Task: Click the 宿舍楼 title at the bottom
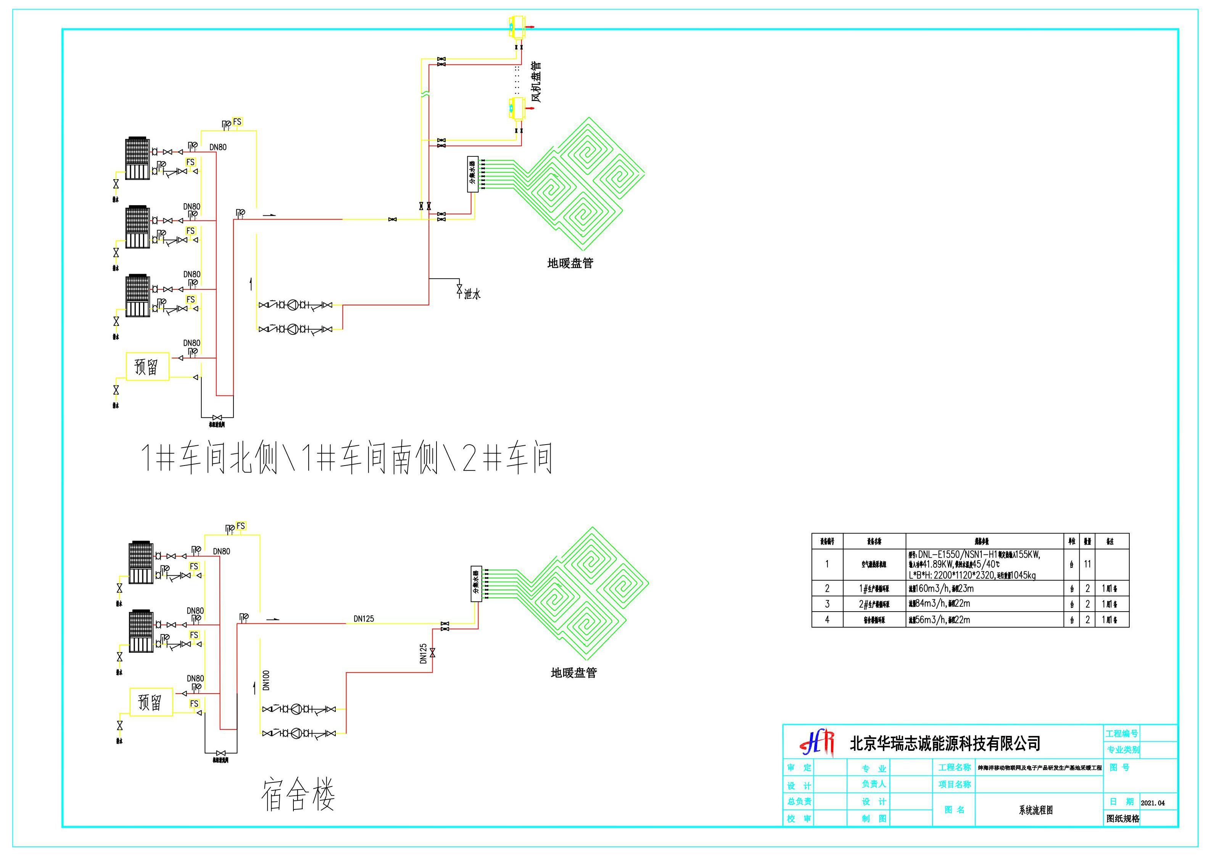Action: coord(298,795)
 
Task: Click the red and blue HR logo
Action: coord(818,743)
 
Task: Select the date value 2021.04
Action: coord(1153,803)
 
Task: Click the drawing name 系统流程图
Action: coord(1036,810)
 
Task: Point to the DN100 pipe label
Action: coord(266,680)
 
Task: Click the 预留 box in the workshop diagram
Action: coord(147,366)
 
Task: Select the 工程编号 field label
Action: coord(1121,733)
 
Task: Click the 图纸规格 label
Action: coord(1123,819)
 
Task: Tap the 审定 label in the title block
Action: coord(799,768)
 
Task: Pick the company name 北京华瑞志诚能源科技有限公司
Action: coord(945,743)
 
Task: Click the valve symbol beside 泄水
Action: coord(459,290)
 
